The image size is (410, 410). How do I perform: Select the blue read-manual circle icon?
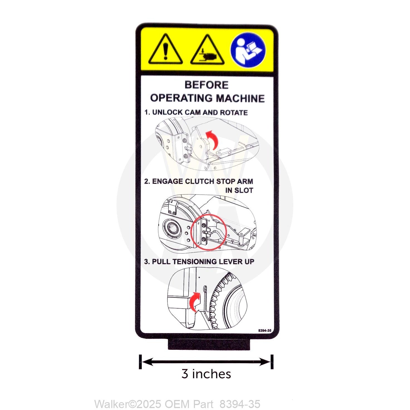pyautogui.click(x=248, y=50)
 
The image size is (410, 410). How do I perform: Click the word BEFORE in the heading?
pyautogui.click(x=206, y=85)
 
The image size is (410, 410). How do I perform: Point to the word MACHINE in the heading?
pyautogui.click(x=240, y=98)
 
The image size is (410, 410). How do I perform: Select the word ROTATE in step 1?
pyautogui.click(x=234, y=112)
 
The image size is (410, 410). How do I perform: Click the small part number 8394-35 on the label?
pyautogui.click(x=265, y=330)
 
